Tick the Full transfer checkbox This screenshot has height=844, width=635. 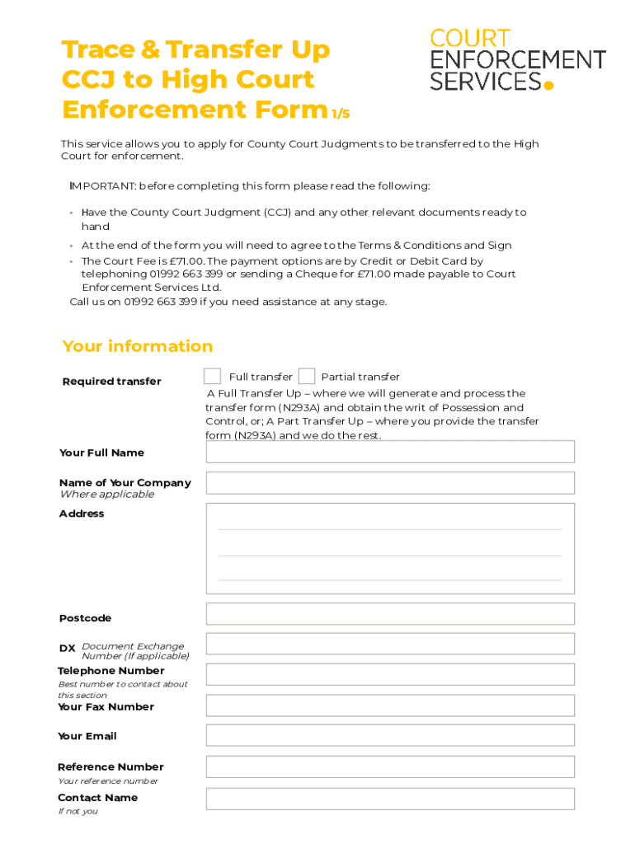(x=212, y=377)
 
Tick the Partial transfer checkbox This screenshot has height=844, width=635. (x=307, y=377)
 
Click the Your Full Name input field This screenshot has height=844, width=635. (x=390, y=452)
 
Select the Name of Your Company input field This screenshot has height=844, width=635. (x=390, y=483)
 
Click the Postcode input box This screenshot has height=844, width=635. (x=390, y=614)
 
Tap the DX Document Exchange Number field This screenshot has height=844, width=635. (x=390, y=645)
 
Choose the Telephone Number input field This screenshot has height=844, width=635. (x=390, y=675)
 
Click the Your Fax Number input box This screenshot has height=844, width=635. (x=390, y=706)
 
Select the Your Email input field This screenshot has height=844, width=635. (x=390, y=736)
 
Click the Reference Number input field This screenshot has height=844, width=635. (x=390, y=767)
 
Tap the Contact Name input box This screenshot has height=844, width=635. (x=390, y=799)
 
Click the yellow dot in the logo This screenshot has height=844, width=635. (x=548, y=83)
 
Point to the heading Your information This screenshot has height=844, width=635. (x=137, y=346)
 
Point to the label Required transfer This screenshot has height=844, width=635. (x=112, y=382)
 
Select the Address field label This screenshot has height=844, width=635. (x=82, y=513)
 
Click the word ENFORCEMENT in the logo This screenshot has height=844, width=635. (x=518, y=60)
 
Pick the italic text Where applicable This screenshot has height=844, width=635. (x=106, y=495)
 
